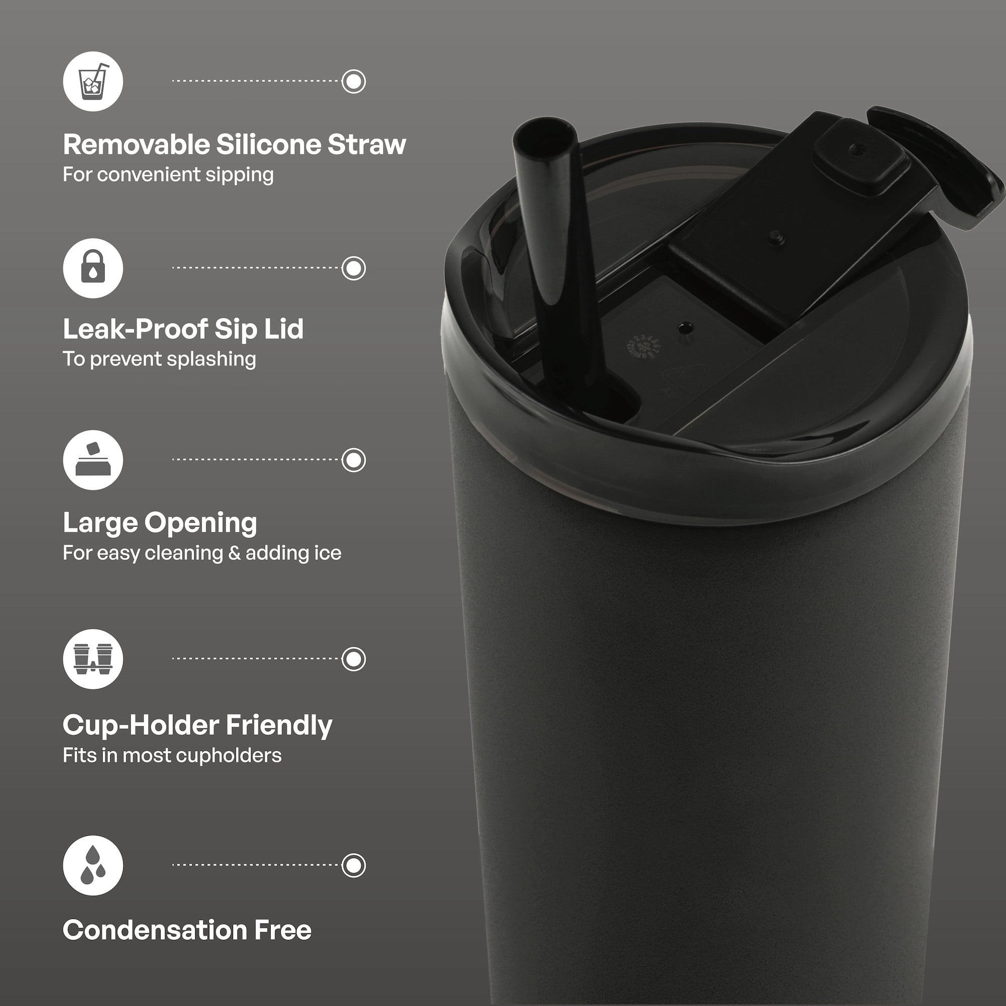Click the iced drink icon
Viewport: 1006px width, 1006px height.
[x=93, y=81]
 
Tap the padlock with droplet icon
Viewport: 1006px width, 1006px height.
[x=93, y=268]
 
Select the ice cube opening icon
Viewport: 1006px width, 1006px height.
[x=93, y=460]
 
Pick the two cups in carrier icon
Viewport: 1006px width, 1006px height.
[x=93, y=659]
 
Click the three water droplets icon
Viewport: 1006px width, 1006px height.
[x=93, y=865]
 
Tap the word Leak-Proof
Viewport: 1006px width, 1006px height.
[x=134, y=329]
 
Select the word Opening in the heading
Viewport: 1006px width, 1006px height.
[x=201, y=523]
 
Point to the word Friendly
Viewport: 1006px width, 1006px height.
[x=279, y=726]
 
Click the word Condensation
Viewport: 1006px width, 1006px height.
[x=154, y=930]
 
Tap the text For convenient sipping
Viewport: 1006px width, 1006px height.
[x=168, y=175]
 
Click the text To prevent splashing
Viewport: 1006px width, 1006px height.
[x=159, y=359]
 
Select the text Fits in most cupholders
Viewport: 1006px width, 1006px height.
[x=172, y=756]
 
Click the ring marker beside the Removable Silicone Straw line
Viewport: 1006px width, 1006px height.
[x=354, y=81]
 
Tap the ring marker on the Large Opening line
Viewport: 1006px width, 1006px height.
[x=354, y=460]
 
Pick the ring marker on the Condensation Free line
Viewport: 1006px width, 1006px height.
[x=354, y=865]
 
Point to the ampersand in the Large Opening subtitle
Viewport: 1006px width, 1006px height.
[x=234, y=553]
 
